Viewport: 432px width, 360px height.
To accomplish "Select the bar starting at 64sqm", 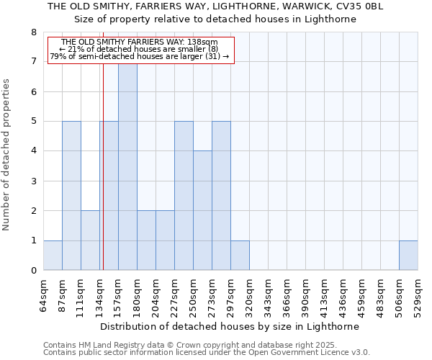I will point(53,256).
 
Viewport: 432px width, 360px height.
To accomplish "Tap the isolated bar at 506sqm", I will point(408,256).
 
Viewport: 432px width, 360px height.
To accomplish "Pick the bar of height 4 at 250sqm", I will point(202,210).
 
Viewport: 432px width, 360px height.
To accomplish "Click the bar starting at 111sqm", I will point(90,240).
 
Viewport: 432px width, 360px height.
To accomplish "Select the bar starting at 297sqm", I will point(240,256).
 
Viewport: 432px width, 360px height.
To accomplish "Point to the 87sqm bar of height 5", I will point(71,196).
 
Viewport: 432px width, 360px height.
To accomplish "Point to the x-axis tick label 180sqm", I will point(138,296).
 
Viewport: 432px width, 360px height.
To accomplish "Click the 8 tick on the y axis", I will point(33,32).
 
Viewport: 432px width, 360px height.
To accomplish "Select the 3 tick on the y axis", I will point(33,181).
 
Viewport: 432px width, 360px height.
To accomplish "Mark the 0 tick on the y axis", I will point(33,271).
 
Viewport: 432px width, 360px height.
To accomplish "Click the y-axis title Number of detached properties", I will point(7,156).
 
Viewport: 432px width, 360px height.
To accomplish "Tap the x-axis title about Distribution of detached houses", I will point(230,326).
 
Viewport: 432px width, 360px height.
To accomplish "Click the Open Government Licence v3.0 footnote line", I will point(207,353).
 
